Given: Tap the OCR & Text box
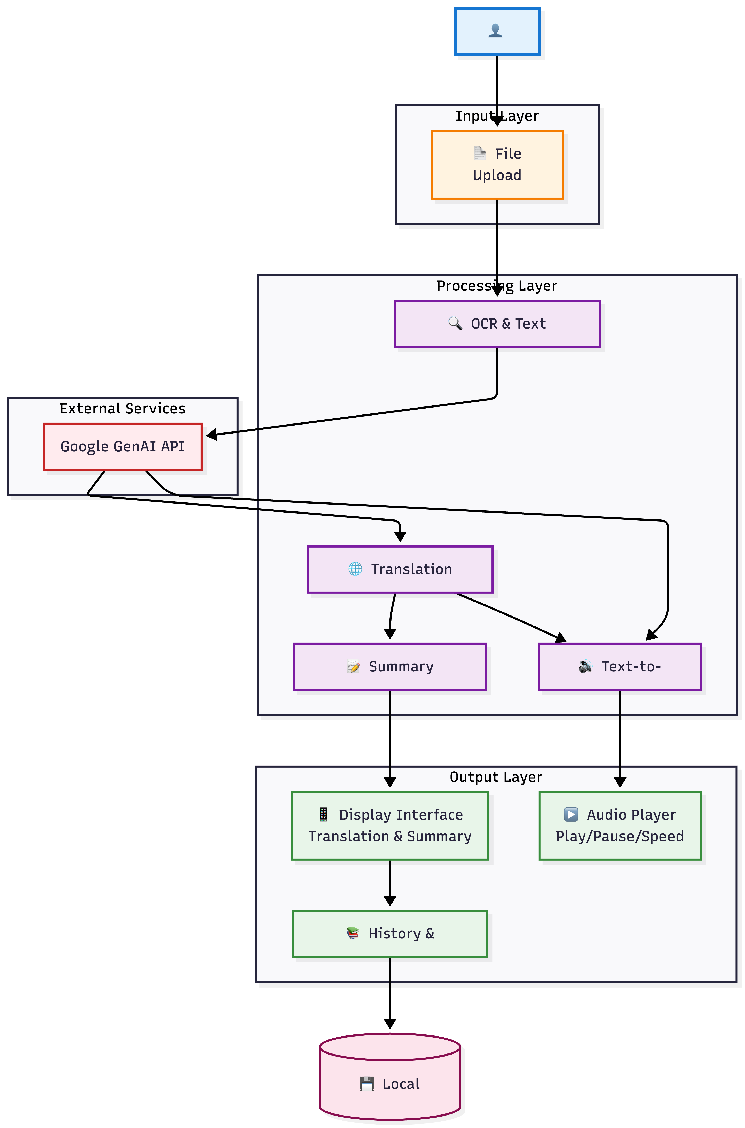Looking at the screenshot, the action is point(497,324).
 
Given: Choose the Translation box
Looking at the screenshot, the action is point(400,569).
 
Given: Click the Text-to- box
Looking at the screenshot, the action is point(620,666).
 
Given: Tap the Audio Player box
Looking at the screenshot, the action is point(620,826).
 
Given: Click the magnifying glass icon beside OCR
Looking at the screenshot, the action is point(455,323).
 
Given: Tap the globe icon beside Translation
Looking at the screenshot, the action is point(355,569).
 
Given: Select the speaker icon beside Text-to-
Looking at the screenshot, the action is point(585,666).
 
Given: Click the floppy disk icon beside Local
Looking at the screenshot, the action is point(367,1084).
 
